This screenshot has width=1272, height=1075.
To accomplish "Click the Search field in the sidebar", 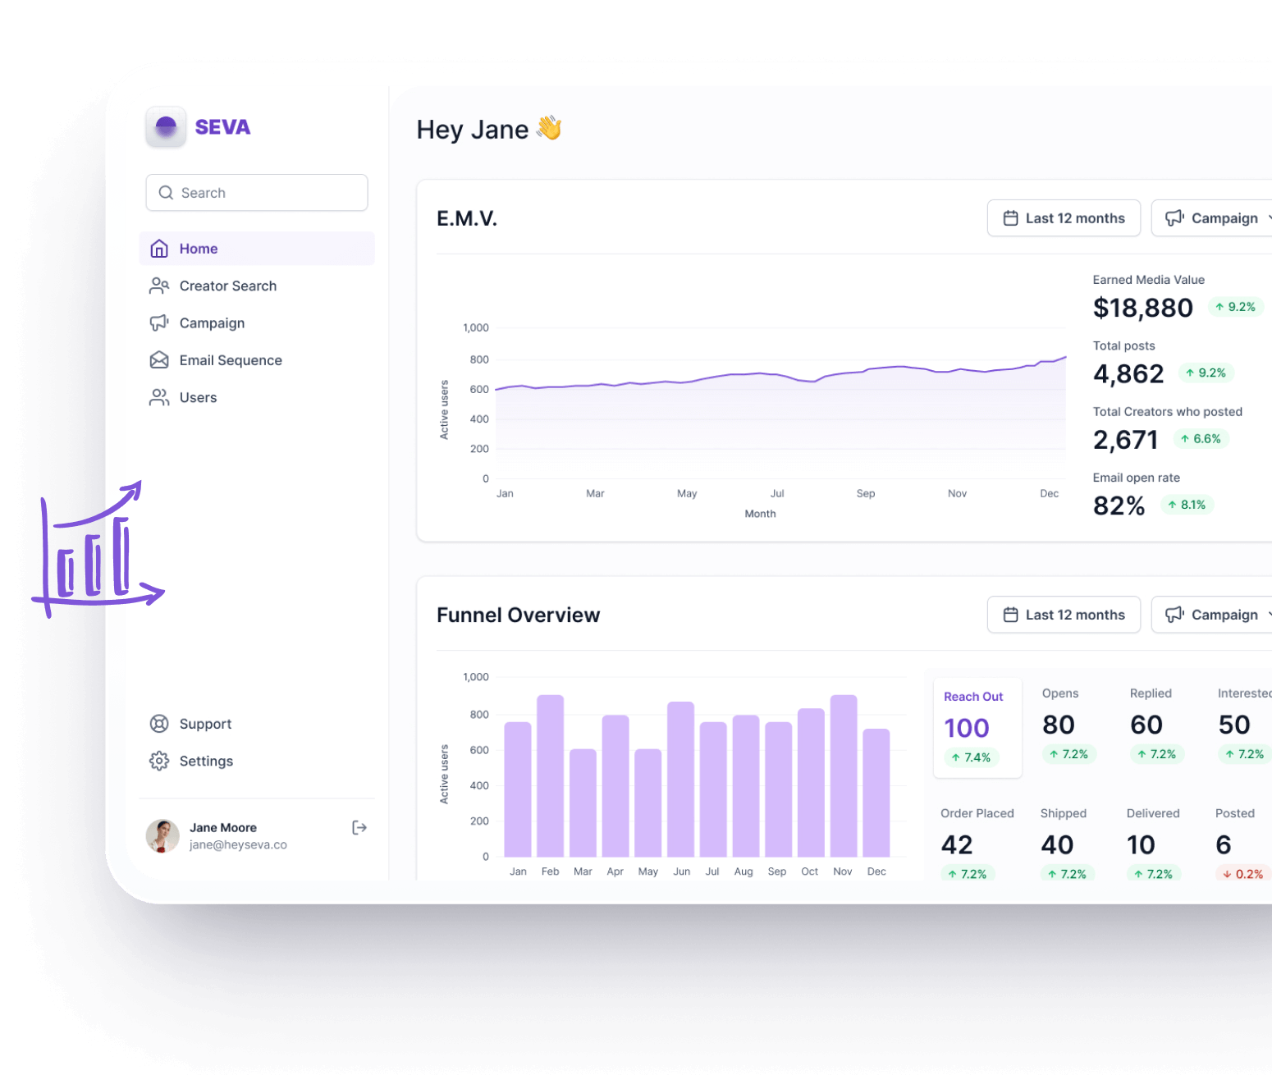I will tap(257, 193).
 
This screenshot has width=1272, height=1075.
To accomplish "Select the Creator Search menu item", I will tap(227, 286).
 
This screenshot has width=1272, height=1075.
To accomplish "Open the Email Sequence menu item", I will tap(230, 360).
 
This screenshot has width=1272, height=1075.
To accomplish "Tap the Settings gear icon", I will tap(159, 761).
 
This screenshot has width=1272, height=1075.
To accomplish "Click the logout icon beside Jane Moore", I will tap(359, 827).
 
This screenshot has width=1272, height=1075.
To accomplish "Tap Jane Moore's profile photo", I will tap(162, 835).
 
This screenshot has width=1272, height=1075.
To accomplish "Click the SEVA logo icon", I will tap(166, 126).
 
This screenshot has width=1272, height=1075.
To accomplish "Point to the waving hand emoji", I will tap(549, 128).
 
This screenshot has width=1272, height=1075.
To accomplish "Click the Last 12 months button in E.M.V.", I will tap(1064, 218).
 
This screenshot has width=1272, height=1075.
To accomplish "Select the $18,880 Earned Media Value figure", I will tap(1142, 308).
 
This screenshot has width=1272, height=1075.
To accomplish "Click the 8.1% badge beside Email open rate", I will tap(1187, 505).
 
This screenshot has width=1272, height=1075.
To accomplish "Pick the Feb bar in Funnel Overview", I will tap(550, 775).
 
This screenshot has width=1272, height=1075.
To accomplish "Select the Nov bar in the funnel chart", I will tap(843, 775).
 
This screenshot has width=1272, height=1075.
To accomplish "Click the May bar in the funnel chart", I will tap(647, 803).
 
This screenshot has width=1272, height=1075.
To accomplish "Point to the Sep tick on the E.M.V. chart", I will tap(866, 493).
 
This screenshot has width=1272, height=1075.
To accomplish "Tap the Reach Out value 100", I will tap(967, 728).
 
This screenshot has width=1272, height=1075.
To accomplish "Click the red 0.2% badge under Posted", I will tap(1243, 874).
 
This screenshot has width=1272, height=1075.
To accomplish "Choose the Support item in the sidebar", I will tap(205, 724).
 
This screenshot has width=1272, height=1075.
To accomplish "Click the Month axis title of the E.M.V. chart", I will tap(760, 514).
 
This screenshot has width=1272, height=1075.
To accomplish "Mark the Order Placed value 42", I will tap(957, 844).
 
